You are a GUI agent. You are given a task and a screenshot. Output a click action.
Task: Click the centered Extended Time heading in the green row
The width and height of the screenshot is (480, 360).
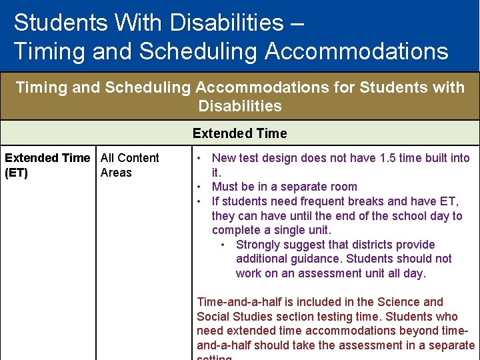click(x=239, y=133)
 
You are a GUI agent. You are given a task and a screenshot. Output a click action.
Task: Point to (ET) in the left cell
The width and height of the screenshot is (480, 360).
click(x=17, y=173)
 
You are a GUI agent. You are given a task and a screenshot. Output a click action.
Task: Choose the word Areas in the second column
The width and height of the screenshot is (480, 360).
click(x=116, y=173)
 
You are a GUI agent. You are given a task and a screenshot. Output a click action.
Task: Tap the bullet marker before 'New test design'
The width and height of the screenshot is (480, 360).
click(x=200, y=159)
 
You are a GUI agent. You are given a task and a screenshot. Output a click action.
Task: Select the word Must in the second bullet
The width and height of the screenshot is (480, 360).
click(x=225, y=187)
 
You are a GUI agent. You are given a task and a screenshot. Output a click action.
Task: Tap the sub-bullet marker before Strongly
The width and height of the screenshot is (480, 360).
click(x=224, y=245)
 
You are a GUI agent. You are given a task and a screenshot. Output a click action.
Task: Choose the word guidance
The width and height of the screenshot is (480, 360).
click(x=313, y=259)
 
